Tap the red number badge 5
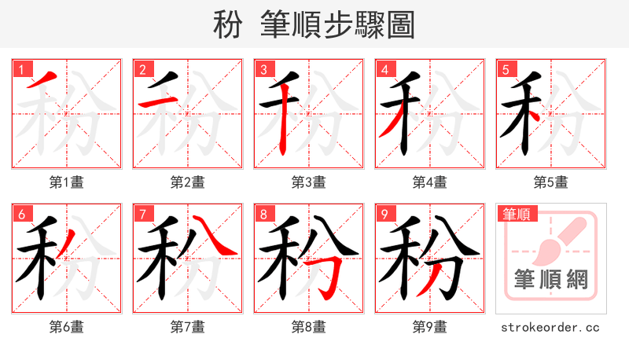point(506,69)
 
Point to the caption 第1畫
point(67,182)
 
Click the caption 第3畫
point(309,182)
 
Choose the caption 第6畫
point(67,326)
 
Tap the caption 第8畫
point(309,326)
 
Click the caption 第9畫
point(430,326)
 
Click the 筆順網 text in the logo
point(551,280)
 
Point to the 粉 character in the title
point(227,25)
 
